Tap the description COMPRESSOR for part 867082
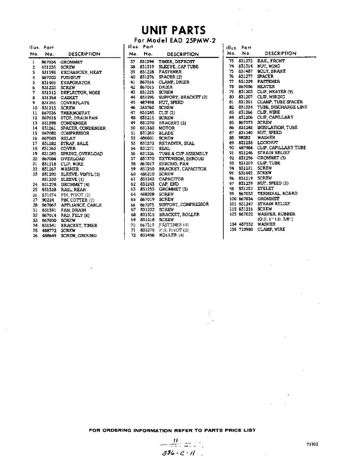click(75, 133)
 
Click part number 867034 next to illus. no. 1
click(49, 62)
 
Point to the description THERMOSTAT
click(75, 113)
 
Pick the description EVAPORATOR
click(75, 82)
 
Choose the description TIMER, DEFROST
click(176, 62)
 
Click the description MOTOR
click(167, 128)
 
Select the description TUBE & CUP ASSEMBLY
click(183, 154)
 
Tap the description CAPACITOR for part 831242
click(171, 179)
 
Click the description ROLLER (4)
click(171, 235)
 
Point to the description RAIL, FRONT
click(271, 61)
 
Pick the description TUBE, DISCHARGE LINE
click(282, 107)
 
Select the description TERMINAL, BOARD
click(277, 193)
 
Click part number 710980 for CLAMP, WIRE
click(246, 230)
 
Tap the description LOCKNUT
click(267, 142)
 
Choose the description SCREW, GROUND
click(78, 236)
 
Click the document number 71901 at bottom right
click(312, 444)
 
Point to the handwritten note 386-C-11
click(179, 452)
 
